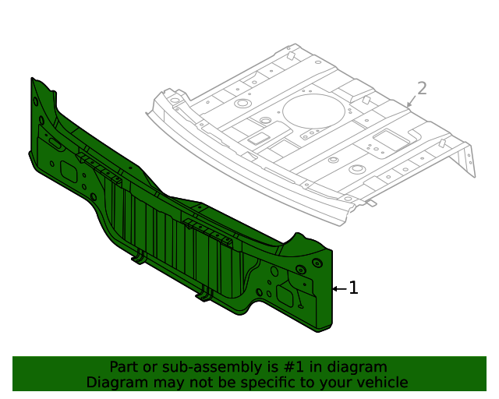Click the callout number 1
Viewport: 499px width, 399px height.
pos(353,288)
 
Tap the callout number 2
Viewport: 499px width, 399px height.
pos(422,89)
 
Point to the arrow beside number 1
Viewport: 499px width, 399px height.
pos(339,288)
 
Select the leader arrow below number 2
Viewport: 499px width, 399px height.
pos(410,103)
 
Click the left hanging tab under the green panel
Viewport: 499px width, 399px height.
pos(139,256)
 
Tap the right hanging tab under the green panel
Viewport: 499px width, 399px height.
pos(205,295)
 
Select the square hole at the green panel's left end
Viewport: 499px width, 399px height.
pos(67,172)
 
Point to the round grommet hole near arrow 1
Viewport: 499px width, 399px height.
pos(300,270)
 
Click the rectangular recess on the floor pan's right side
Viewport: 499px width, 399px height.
pos(387,140)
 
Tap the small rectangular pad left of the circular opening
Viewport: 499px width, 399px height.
pos(257,139)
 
